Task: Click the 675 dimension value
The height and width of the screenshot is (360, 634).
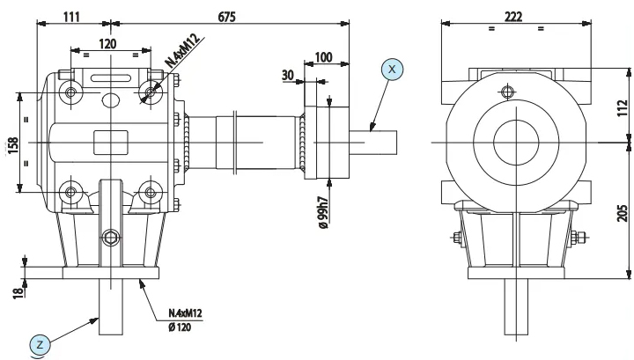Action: coord(226,17)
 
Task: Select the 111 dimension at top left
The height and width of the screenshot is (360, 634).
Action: coord(71,17)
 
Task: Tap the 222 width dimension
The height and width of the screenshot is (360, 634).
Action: coord(513,17)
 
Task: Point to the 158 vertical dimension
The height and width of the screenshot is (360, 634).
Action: coord(13,145)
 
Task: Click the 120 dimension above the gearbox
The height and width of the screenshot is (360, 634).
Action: coord(107,44)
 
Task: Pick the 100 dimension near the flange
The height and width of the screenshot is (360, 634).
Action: coord(323,57)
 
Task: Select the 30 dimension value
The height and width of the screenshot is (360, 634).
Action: coord(287,75)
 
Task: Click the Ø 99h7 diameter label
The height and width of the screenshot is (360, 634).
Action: coord(323,212)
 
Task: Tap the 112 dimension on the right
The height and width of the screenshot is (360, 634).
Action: coord(623,108)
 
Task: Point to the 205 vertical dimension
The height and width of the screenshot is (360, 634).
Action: coord(623,213)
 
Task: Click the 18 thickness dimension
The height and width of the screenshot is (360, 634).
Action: coord(18,292)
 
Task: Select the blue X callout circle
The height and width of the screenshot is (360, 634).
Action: coord(392,69)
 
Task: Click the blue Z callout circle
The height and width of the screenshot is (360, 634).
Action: coord(40,345)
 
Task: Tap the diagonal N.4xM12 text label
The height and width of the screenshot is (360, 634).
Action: coord(183,51)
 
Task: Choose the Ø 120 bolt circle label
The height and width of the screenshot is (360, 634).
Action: coord(180,327)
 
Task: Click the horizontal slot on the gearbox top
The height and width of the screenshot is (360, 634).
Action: coord(110,77)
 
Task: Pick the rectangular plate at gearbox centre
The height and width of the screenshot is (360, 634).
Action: coord(111,143)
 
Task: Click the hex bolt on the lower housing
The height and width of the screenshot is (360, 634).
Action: coord(111,238)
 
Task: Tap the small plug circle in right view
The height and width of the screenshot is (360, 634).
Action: coord(507,92)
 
